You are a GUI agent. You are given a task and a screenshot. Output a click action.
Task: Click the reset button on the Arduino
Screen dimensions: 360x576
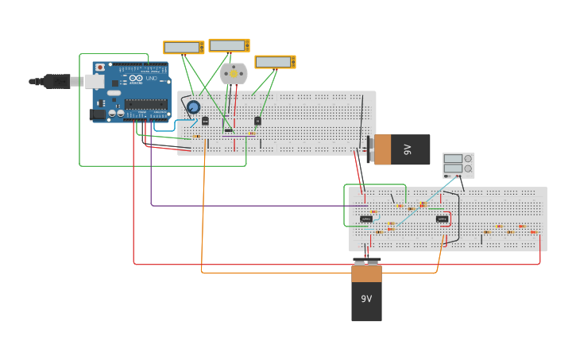[100, 68]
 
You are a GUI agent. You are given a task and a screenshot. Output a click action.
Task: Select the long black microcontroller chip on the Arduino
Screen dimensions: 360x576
[145, 103]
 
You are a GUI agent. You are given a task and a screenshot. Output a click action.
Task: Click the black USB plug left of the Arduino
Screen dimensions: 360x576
[56, 80]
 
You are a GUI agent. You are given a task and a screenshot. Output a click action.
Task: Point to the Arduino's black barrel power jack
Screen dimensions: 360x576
[98, 114]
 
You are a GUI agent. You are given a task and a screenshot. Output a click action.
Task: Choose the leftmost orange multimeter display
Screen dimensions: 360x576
[183, 48]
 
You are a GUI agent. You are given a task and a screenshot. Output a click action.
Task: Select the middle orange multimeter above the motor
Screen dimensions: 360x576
[228, 46]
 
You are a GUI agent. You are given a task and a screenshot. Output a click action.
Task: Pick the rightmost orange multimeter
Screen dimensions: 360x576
[274, 62]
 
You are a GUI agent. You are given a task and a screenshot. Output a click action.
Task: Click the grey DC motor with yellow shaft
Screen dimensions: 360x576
[234, 74]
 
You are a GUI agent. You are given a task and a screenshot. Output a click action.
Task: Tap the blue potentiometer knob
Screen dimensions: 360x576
[193, 106]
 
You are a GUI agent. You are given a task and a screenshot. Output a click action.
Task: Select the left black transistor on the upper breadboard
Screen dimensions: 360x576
[205, 121]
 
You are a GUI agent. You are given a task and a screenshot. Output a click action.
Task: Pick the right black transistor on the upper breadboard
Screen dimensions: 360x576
[257, 121]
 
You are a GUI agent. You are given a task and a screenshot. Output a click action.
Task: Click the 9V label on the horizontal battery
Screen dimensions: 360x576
[408, 149]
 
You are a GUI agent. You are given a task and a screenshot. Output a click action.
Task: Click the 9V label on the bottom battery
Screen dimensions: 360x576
[366, 299]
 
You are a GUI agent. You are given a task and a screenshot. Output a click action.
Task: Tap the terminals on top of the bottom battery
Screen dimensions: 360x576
[366, 261]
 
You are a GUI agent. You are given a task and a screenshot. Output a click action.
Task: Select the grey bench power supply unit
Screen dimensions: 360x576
[458, 165]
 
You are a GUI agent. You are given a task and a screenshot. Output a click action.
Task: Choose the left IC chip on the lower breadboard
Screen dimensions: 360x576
[365, 219]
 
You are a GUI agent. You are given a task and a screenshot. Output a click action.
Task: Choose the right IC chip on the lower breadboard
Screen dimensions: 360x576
[442, 219]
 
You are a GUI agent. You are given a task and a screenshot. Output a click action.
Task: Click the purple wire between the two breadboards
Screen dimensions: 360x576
[238, 206]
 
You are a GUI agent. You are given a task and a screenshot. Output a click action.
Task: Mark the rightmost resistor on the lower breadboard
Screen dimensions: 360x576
[533, 232]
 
